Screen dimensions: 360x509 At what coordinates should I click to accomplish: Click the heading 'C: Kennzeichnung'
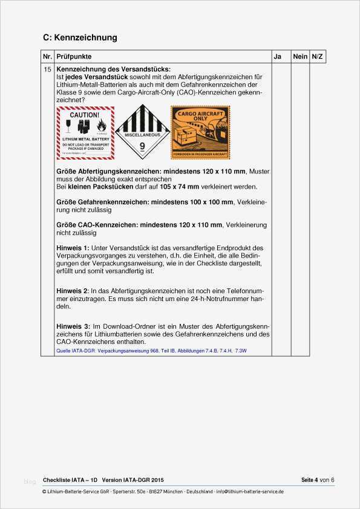(x=80, y=37)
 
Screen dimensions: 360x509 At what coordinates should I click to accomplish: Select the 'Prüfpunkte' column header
(x=74, y=56)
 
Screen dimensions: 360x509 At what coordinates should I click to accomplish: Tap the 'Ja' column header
(x=277, y=56)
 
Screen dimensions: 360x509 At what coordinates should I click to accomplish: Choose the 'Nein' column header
(x=300, y=56)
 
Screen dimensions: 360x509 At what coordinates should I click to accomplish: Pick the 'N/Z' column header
(x=317, y=56)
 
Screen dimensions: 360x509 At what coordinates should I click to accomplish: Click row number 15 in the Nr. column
(x=48, y=70)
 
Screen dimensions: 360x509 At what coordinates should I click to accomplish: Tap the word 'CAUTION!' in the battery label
(x=85, y=114)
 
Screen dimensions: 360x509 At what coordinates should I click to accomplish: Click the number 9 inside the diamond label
(x=143, y=146)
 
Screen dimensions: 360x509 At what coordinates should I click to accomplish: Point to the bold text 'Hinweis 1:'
(x=73, y=248)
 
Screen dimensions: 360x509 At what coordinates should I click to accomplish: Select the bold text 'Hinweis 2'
(x=72, y=291)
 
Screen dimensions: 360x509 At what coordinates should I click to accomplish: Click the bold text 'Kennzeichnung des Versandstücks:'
(x=113, y=70)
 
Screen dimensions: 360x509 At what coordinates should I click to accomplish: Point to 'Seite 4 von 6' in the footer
(x=318, y=480)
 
